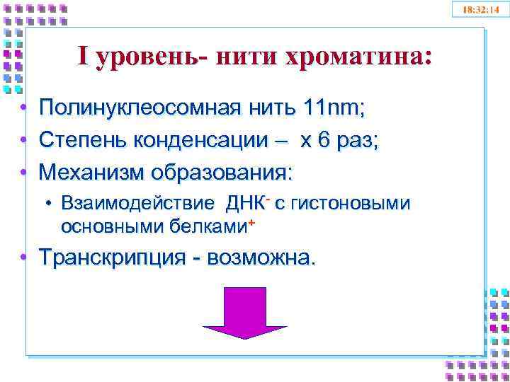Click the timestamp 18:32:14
[x=481, y=11]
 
